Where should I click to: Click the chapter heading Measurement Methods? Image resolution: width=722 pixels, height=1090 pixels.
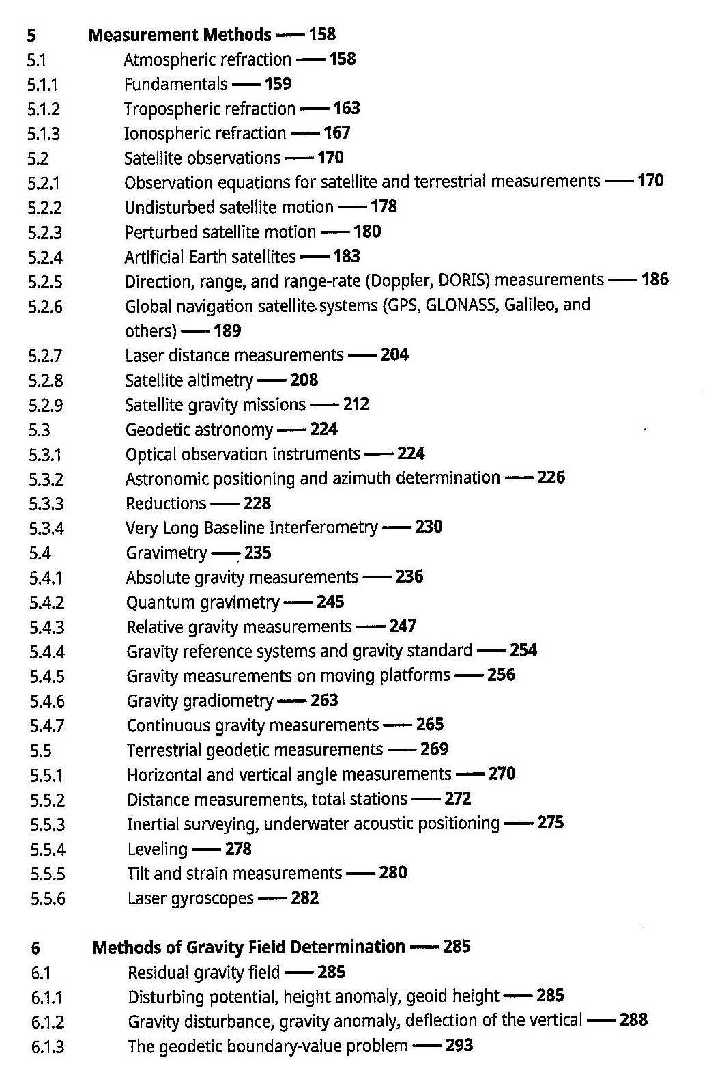tap(180, 34)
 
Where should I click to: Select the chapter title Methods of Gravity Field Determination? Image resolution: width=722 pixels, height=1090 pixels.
tap(248, 947)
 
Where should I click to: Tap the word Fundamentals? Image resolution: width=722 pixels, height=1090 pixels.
tap(175, 84)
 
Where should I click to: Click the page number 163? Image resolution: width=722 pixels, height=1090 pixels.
tap(346, 109)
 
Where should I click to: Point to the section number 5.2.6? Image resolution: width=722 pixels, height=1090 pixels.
tap(46, 307)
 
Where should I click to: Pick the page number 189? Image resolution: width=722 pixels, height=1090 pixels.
tap(227, 331)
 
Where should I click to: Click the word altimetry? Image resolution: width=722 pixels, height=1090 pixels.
tap(218, 380)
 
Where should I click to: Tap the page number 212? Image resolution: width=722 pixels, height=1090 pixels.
tap(356, 404)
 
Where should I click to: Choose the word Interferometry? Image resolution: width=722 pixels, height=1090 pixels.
tap(323, 528)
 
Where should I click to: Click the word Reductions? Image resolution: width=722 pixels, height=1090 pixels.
tap(166, 504)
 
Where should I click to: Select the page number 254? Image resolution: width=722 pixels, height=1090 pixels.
tap(523, 650)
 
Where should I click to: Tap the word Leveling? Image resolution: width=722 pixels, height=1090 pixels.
tap(157, 850)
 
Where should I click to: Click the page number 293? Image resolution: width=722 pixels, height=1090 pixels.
tap(459, 1046)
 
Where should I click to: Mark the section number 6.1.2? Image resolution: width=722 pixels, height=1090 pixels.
tap(48, 1022)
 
